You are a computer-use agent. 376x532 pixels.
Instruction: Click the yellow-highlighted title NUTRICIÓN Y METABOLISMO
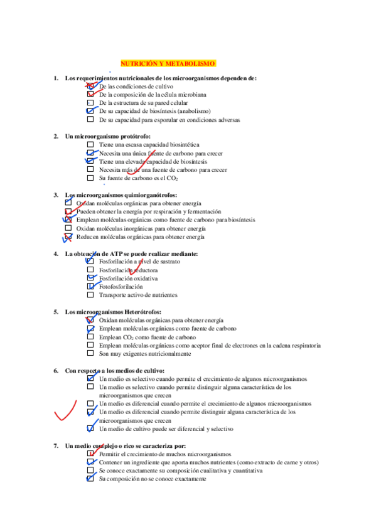pos(168,64)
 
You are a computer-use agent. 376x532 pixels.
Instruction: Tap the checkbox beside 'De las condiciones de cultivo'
pos(90,86)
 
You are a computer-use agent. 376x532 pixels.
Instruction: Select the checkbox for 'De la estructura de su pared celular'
pos(90,103)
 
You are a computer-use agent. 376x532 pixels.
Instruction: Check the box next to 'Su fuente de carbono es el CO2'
pos(90,178)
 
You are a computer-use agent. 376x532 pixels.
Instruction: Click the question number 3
pos(56,195)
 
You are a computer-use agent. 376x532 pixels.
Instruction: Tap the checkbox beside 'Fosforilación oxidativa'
pos(90,278)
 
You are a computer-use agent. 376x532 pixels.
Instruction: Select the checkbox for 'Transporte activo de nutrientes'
pos(90,295)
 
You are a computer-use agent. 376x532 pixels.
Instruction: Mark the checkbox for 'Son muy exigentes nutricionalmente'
pos(90,353)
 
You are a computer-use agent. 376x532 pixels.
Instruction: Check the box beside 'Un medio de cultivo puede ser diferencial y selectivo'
pos(90,429)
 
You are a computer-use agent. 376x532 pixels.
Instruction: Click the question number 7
pos(56,445)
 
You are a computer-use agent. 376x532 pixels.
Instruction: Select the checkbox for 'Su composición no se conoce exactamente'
pos(90,479)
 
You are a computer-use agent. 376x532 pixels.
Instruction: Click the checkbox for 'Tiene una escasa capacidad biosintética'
pos(90,144)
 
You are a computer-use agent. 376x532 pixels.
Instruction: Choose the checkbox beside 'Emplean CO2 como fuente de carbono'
pos(90,337)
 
